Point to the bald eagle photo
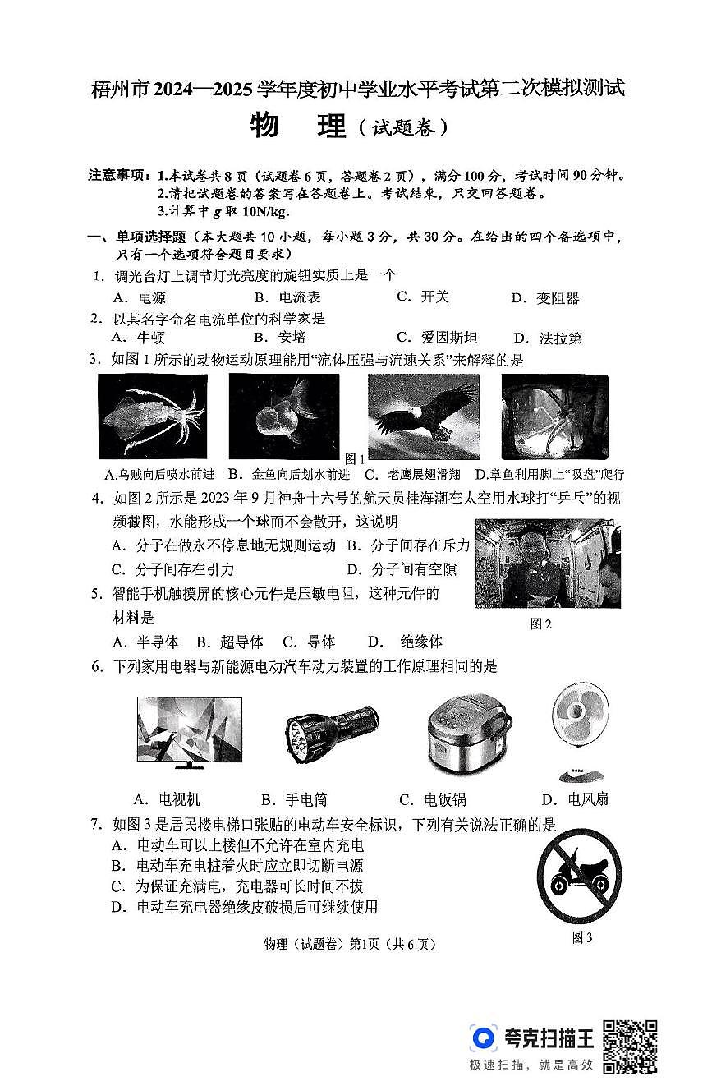pos(423,417)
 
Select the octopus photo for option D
pos(554,417)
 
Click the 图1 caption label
pos(355,458)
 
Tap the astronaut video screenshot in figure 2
pos(548,564)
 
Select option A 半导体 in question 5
pos(145,642)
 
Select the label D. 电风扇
pos(575,799)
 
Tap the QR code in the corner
pos(630,1046)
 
